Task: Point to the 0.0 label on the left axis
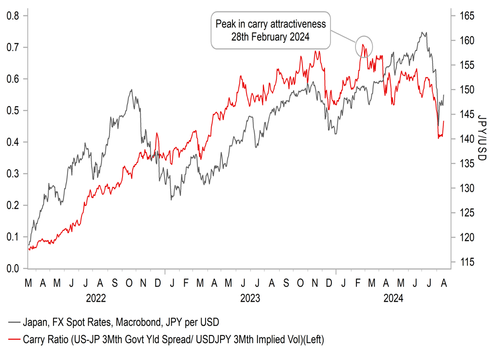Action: tap(14, 268)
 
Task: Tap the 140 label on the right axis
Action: tap(462, 139)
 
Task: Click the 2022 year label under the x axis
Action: tap(96, 299)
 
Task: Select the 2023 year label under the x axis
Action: tap(250, 299)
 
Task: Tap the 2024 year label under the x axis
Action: tap(393, 299)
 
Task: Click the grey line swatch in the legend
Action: tap(14, 321)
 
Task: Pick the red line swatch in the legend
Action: tap(14, 340)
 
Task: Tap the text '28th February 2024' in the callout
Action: tap(271, 37)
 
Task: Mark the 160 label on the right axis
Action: tap(462, 40)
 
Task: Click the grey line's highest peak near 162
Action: tap(423, 33)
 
